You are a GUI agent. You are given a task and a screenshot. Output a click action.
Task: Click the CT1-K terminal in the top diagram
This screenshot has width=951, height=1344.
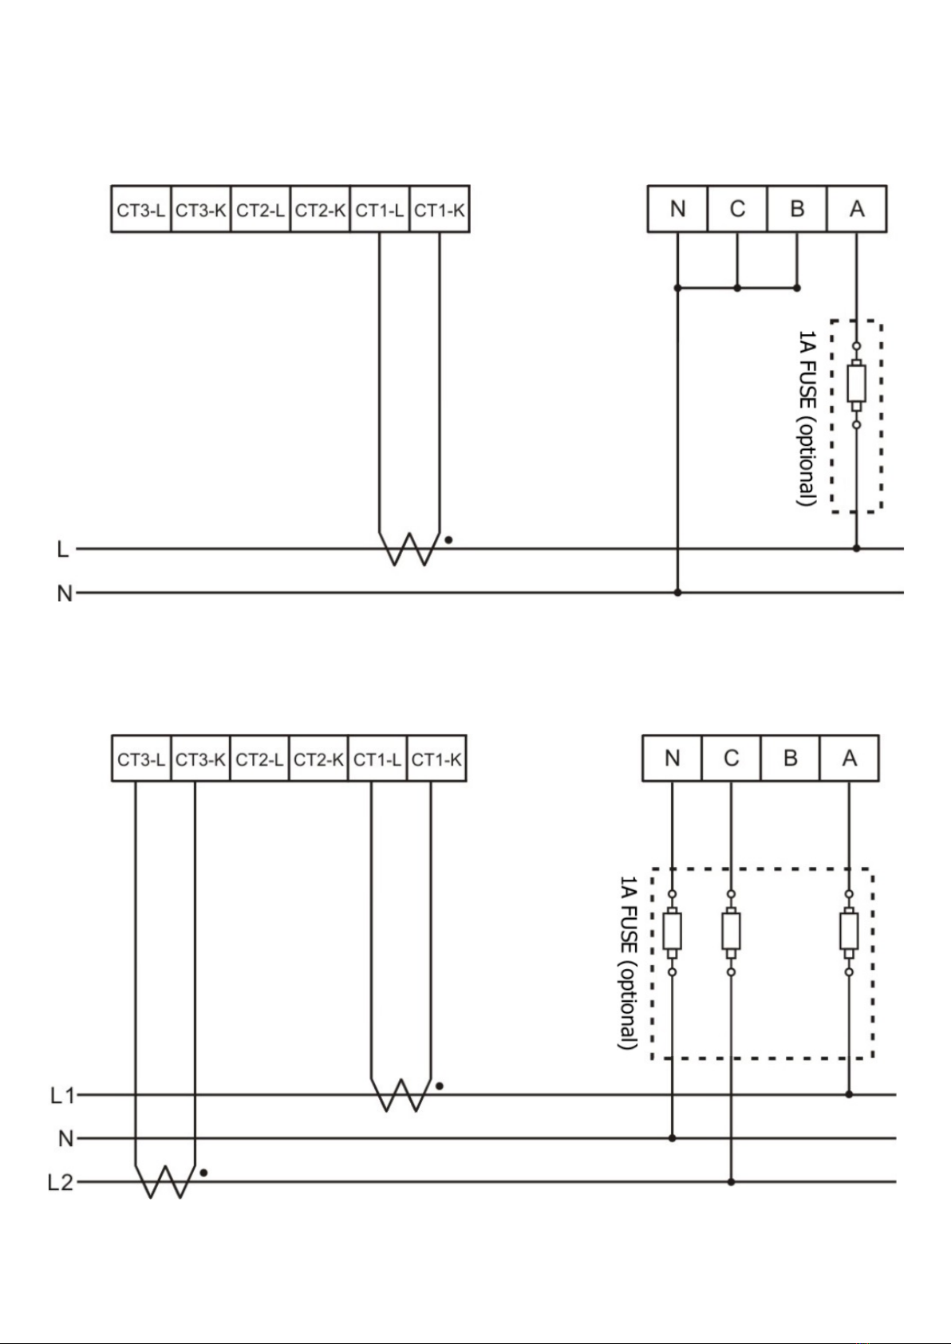pos(440,210)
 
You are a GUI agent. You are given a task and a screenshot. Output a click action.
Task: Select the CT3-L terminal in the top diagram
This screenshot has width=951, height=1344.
pos(141,210)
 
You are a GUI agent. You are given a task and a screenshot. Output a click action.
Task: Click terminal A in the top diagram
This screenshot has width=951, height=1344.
pos(857,209)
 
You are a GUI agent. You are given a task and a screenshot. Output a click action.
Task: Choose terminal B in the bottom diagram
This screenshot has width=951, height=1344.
pos(790,759)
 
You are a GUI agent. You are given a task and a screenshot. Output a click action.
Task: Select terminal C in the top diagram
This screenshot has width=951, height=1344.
pos(737,209)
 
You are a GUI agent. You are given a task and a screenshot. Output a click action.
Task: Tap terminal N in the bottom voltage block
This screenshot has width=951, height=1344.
pos(672,759)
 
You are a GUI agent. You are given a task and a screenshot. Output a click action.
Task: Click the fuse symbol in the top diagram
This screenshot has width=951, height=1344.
pos(856,385)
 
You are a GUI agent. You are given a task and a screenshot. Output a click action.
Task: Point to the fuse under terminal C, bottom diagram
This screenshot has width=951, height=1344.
pos(731,932)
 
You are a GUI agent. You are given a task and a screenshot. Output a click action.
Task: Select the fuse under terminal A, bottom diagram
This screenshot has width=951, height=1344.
pos(849,932)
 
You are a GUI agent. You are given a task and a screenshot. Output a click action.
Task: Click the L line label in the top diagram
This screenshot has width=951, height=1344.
pos(63,549)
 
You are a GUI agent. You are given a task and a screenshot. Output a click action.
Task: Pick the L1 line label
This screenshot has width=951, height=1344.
pos(61,1096)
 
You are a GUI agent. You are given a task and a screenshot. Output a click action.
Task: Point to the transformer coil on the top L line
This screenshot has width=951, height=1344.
pos(409,549)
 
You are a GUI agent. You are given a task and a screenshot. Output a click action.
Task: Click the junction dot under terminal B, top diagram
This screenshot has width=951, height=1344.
pos(797,288)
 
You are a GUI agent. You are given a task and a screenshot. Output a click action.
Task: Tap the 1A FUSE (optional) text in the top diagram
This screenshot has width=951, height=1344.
pos(807,418)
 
